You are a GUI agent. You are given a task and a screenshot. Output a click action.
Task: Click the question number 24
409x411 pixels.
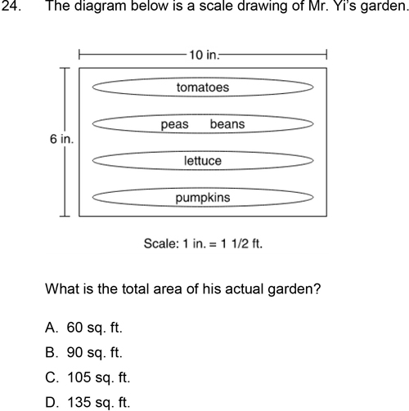pyautogui.click(x=11, y=6)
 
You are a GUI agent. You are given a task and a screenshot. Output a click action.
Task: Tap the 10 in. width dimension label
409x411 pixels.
pyautogui.click(x=204, y=55)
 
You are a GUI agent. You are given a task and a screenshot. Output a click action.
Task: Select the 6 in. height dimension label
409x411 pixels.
pyautogui.click(x=62, y=139)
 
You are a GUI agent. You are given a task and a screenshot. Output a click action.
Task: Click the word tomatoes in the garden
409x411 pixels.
pyautogui.click(x=203, y=87)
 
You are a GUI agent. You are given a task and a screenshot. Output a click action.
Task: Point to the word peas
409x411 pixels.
pyautogui.click(x=174, y=125)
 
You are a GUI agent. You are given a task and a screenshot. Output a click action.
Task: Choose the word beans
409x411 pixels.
pyautogui.click(x=227, y=124)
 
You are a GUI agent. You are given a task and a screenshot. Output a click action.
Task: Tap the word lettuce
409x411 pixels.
pyautogui.click(x=203, y=161)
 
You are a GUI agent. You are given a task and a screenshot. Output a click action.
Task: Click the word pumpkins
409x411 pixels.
pyautogui.click(x=203, y=198)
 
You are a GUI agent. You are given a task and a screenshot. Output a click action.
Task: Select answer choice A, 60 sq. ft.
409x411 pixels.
pyautogui.click(x=83, y=328)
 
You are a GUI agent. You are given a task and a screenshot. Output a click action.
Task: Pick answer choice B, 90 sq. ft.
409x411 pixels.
pyautogui.click(x=83, y=352)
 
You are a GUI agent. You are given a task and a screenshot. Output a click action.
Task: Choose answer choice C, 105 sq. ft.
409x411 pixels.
pyautogui.click(x=88, y=377)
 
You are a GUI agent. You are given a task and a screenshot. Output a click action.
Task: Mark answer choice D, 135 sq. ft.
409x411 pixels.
pyautogui.click(x=88, y=402)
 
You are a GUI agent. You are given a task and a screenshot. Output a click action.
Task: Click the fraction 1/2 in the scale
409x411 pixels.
pyautogui.click(x=240, y=243)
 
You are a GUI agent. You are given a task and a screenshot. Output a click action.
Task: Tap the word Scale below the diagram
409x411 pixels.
pyautogui.click(x=161, y=243)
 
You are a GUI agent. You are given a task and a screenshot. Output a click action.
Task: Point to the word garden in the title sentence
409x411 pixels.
pyautogui.click(x=384, y=6)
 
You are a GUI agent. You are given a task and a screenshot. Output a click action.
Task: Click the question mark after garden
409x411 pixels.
pyautogui.click(x=317, y=288)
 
